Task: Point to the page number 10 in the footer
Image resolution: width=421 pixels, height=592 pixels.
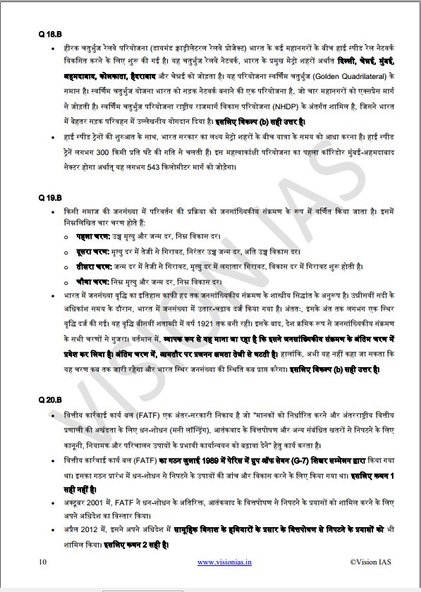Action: [43, 562]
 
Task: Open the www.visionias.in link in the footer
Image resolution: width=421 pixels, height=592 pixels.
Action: [225, 562]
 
